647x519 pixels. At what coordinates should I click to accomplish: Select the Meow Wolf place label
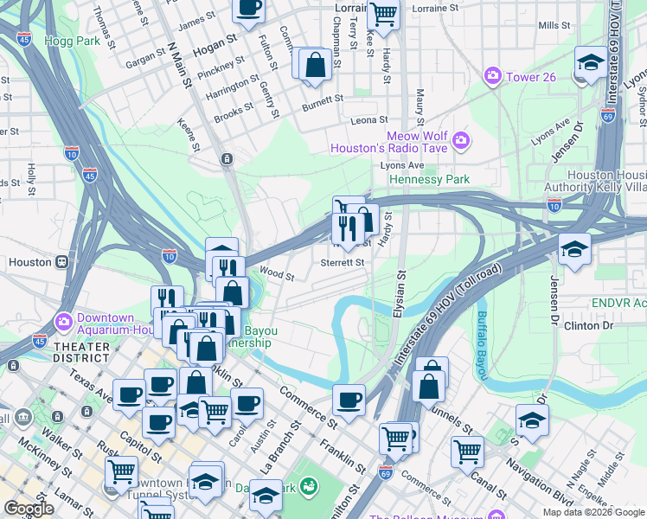click(x=415, y=136)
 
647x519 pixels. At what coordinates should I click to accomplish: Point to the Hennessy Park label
click(x=430, y=179)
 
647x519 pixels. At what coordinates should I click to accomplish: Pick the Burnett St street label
click(x=323, y=107)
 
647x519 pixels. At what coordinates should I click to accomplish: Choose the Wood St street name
click(x=278, y=277)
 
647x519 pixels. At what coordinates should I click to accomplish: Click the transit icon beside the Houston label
click(x=61, y=262)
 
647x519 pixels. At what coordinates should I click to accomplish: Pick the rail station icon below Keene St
click(x=226, y=158)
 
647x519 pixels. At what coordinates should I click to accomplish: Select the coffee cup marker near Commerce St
click(x=349, y=399)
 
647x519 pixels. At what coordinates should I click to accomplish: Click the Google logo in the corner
click(x=29, y=509)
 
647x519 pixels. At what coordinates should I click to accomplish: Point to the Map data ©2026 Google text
click(x=593, y=512)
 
